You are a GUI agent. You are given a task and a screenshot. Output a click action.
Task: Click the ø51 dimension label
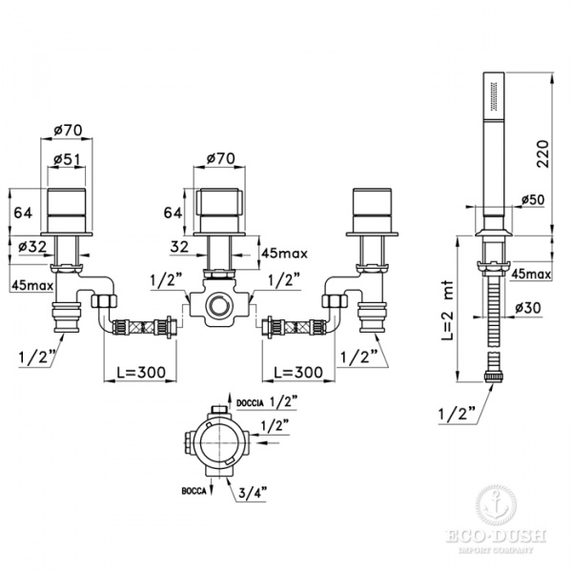[x=67, y=158]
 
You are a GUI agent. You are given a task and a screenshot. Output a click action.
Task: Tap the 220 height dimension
[x=542, y=153]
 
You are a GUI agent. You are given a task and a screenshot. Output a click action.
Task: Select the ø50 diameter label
[x=533, y=199]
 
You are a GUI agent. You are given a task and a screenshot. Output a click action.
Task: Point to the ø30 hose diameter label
[x=528, y=308]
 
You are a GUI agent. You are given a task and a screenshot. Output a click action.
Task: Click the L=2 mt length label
[x=447, y=311]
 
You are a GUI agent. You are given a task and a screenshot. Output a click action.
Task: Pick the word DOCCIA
[x=250, y=403]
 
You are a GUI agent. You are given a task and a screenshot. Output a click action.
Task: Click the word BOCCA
[x=194, y=491]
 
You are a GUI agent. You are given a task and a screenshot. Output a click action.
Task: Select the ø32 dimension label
[x=32, y=247]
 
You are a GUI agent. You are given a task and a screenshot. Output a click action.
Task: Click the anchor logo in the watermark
[x=496, y=505]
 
